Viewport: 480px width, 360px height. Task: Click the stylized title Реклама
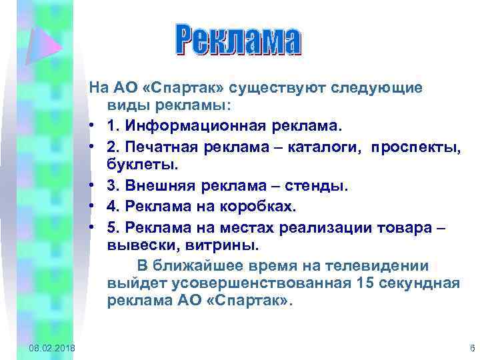tap(239, 41)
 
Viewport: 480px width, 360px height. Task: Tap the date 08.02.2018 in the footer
tap(53, 349)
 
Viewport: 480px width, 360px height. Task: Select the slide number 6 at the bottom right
tap(472, 349)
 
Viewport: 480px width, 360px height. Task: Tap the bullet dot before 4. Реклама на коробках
tap(97, 205)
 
